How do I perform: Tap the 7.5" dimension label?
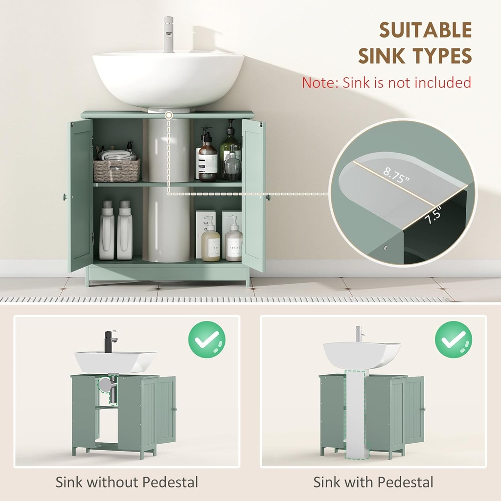point(433,215)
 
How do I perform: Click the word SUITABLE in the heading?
point(425,30)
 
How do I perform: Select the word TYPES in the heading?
point(442,56)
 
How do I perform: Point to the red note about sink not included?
point(386,82)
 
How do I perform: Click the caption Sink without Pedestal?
point(127,482)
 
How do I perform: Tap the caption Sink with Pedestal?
point(373,482)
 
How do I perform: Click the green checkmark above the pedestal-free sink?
point(206,339)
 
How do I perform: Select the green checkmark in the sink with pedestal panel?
point(453,339)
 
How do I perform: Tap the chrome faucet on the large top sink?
point(168,34)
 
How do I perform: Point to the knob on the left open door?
point(65,197)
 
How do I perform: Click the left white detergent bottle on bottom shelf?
point(107,231)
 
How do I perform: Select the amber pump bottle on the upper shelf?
point(207,159)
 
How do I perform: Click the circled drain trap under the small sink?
point(107,385)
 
